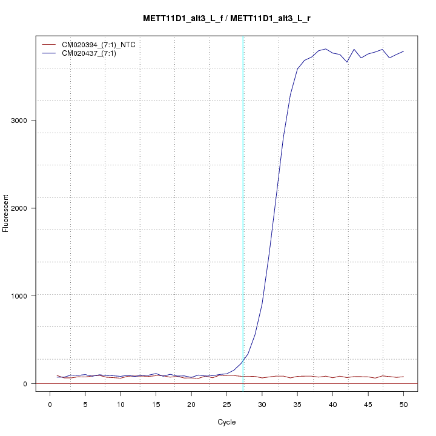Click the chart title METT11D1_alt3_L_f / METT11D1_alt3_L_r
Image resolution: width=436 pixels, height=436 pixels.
[x=227, y=18]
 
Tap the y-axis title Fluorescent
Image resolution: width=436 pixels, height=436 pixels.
[x=7, y=213]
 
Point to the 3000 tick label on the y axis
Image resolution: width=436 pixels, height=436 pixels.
[x=19, y=121]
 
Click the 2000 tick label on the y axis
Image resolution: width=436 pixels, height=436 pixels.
[x=19, y=208]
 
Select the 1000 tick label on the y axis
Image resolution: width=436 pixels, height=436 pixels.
[x=19, y=296]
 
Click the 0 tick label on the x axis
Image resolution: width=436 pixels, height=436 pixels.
[x=50, y=404]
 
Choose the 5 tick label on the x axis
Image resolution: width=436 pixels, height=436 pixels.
[x=85, y=404]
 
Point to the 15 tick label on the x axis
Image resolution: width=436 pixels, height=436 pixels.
[x=156, y=404]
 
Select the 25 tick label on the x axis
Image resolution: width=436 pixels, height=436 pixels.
[x=226, y=404]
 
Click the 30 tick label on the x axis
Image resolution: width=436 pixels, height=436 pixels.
[x=262, y=404]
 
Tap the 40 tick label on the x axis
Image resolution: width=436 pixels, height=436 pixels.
[x=332, y=404]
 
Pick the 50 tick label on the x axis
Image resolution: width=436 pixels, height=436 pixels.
[x=403, y=404]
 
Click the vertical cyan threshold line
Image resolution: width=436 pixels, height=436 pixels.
[x=243, y=212]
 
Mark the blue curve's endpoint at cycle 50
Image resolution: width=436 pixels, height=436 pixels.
[x=403, y=51]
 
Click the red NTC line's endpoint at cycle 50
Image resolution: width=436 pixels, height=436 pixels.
[x=403, y=377]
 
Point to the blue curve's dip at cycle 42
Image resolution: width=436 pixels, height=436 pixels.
[x=347, y=62]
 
